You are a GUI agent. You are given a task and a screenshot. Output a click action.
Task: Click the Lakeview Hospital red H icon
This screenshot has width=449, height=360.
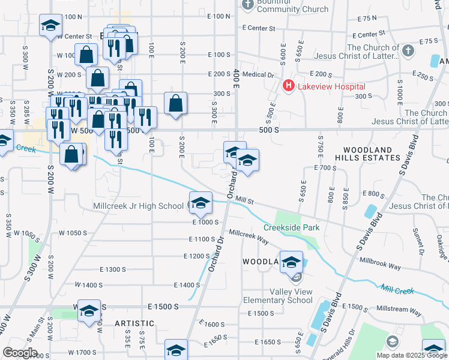(289, 86)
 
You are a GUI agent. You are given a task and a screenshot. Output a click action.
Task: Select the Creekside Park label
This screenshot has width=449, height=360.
(291, 228)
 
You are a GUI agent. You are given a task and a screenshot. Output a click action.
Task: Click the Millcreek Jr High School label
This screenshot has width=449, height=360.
(138, 206)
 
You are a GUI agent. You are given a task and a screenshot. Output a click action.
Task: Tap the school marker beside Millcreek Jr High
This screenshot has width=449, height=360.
(201, 203)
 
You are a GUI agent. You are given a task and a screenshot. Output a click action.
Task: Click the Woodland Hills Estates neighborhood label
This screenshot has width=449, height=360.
(372, 154)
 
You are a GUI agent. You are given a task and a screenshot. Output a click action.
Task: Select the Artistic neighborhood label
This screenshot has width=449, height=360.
(134, 323)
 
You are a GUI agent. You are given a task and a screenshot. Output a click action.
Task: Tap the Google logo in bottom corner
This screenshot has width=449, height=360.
(20, 353)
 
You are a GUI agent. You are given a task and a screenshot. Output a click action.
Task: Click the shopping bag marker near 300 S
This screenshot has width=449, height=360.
(175, 103)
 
